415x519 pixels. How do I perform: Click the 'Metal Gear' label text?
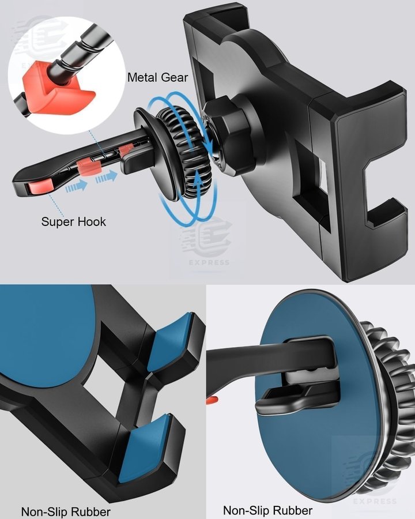157,77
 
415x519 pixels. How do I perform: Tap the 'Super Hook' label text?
73,221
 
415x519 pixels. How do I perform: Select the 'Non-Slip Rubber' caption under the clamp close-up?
66,512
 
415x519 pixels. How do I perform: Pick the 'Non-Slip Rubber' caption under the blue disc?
267,510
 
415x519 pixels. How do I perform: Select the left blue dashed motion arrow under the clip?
77,187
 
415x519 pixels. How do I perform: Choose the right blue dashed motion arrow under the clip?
107,177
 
